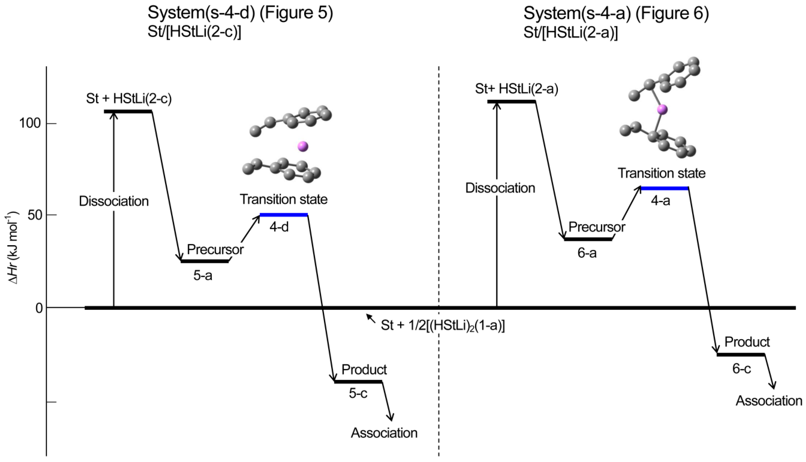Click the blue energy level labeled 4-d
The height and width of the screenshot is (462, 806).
coord(284,215)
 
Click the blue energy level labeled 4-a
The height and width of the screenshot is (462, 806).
coord(664,188)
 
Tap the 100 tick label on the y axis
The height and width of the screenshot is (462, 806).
coord(30,123)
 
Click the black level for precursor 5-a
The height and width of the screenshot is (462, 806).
coord(205,261)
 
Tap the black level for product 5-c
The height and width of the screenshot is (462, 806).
coord(358,381)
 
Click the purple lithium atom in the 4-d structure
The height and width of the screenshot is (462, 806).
coord(302,146)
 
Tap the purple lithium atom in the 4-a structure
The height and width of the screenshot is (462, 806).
coord(662,110)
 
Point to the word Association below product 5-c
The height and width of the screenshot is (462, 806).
coord(384,433)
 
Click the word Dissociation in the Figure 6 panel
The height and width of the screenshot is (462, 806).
coord(500,188)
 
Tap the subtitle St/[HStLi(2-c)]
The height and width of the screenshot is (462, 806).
coord(194,33)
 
